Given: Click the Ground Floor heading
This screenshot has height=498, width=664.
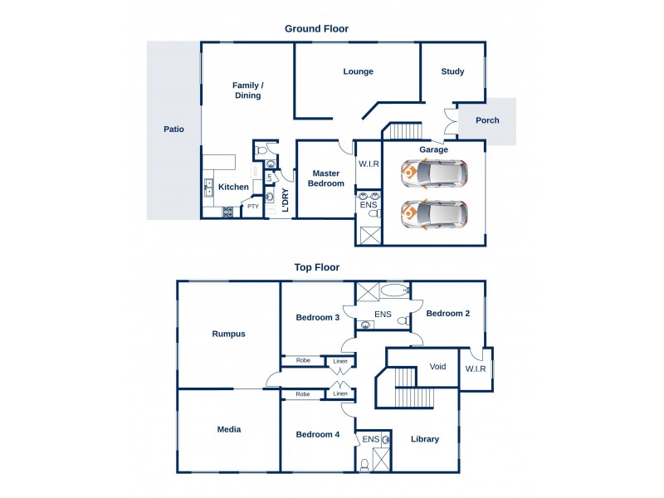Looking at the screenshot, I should (316, 28).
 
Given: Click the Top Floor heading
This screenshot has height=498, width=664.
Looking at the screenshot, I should (316, 267).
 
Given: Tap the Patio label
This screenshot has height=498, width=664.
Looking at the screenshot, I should (173, 129).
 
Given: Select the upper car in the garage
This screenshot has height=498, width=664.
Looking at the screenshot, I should (434, 173).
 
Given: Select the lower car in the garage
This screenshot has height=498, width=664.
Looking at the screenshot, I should (434, 214).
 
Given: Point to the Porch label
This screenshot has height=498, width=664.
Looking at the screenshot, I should (487, 120).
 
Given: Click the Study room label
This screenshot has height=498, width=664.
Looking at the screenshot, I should (452, 72).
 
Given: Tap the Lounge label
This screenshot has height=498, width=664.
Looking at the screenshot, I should (358, 71).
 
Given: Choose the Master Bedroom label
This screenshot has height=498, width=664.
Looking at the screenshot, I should (327, 178).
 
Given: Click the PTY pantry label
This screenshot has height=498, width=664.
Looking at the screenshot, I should (252, 207).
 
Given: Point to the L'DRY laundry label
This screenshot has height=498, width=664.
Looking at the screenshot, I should (285, 202).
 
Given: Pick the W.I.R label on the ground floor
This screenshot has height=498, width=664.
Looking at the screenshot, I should (369, 164).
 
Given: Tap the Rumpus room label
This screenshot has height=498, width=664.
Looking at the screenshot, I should (228, 334).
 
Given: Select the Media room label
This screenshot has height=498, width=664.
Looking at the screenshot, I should (229, 429).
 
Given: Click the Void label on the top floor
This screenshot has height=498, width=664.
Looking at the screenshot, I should (437, 366).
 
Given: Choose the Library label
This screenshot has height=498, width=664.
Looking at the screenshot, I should (424, 439).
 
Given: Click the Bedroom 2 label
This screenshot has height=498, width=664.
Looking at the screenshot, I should (448, 314).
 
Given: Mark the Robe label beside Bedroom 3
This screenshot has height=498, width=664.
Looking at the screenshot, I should (303, 361).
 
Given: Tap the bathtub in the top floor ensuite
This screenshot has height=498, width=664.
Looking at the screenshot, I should (395, 290).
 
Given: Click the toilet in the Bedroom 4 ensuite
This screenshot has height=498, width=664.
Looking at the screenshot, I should (364, 465).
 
